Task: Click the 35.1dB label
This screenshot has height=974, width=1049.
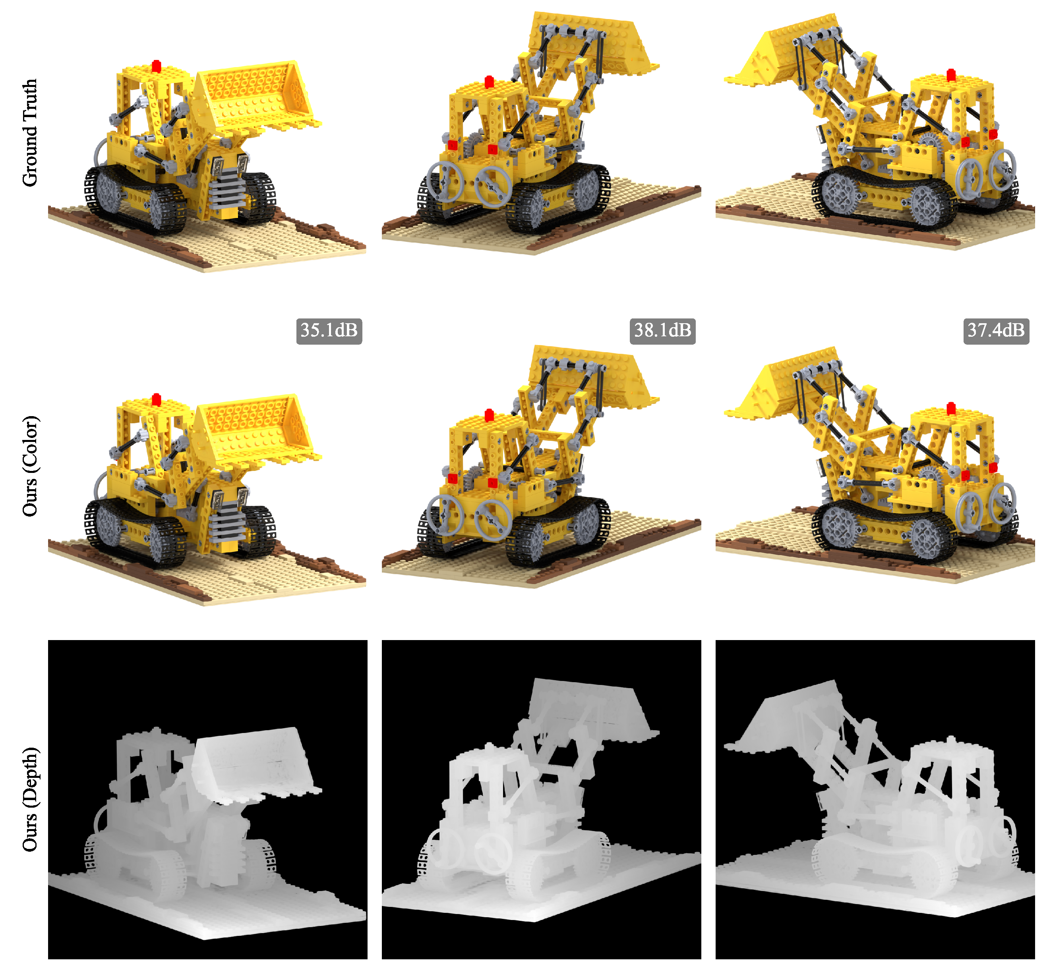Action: pyautogui.click(x=329, y=330)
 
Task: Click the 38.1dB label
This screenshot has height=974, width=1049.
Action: pyautogui.click(x=662, y=330)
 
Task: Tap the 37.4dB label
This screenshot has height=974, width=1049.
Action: pyautogui.click(x=995, y=330)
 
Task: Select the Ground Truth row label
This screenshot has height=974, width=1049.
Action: pyautogui.click(x=30, y=133)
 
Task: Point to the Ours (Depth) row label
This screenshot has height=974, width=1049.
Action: pyautogui.click(x=30, y=798)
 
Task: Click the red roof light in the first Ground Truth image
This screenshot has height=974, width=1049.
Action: pyautogui.click(x=156, y=66)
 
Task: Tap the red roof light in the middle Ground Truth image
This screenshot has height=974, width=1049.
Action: pyautogui.click(x=489, y=82)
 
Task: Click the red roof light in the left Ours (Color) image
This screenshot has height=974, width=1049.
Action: pyautogui.click(x=156, y=399)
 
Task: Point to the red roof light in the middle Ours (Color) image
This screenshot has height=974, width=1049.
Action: pyautogui.click(x=489, y=415)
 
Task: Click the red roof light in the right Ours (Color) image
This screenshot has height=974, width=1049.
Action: pyautogui.click(x=951, y=409)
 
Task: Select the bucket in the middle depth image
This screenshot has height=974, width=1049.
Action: pyautogui.click(x=591, y=709)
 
